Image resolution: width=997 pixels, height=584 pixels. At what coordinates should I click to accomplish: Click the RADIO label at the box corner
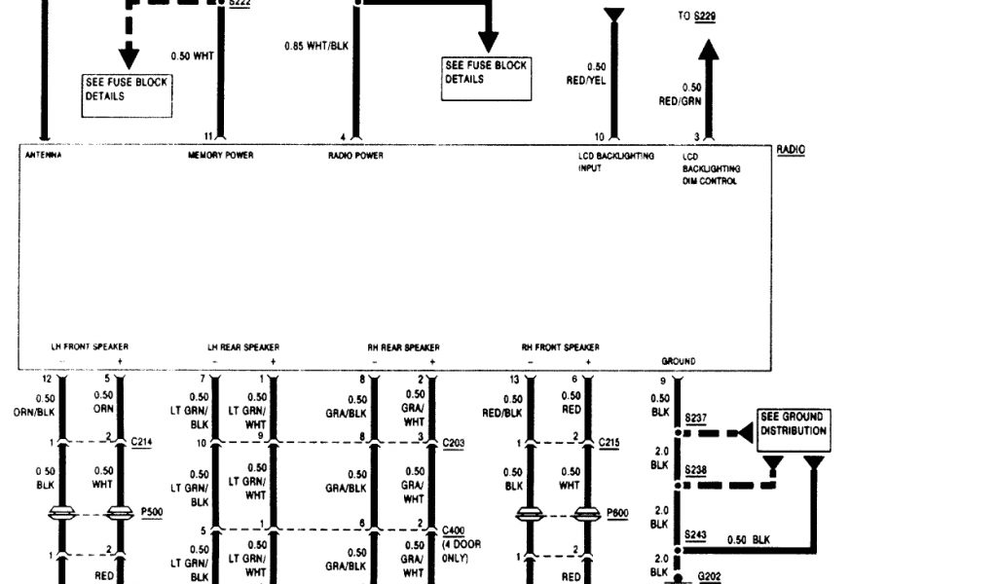(x=791, y=149)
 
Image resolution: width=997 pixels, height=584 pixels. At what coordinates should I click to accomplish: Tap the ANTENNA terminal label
(x=43, y=156)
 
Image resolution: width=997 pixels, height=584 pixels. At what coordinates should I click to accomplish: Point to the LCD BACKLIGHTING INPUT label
(x=615, y=162)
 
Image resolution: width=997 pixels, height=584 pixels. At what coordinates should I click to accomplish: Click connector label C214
(x=142, y=442)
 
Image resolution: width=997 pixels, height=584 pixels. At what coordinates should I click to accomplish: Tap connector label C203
(x=454, y=442)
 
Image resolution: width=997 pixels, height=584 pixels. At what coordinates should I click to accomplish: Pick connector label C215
(x=609, y=442)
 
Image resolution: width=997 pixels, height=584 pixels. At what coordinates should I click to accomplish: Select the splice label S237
(x=695, y=419)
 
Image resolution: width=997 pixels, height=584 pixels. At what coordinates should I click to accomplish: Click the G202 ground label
(x=709, y=575)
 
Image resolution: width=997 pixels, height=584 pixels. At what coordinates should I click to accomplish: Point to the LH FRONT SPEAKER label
(x=90, y=347)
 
